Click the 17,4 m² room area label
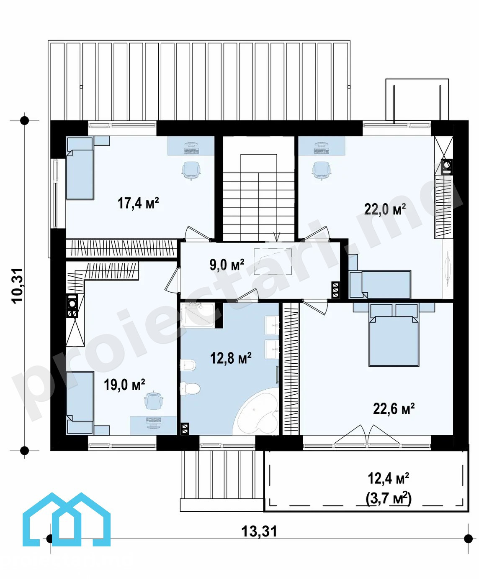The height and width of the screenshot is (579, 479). [138, 203]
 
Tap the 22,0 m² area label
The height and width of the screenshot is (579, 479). [385, 209]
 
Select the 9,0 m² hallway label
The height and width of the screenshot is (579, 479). [227, 265]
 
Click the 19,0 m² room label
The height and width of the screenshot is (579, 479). [125, 385]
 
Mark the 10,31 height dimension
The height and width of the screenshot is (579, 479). [17, 286]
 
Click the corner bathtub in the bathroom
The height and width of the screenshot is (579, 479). [256, 413]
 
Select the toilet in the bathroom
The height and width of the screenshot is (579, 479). [190, 388]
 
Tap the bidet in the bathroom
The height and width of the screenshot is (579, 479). [188, 365]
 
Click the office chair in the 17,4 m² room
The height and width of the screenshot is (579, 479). [191, 170]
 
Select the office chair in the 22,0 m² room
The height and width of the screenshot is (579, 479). [322, 170]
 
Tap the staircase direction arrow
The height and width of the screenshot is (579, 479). [277, 237]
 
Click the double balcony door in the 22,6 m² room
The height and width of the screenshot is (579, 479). [367, 434]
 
